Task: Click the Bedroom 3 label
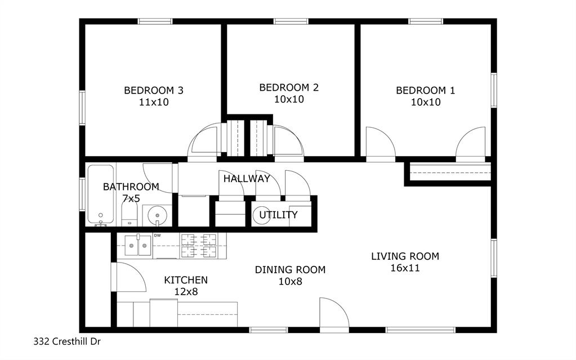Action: pos(153,90)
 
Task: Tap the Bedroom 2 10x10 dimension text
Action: pos(289,99)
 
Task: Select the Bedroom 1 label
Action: pos(425,90)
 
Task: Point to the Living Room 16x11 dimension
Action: pos(405,268)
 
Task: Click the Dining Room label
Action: pos(290,270)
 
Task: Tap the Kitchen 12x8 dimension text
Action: pos(186,292)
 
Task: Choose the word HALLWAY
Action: pos(247,179)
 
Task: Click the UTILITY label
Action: pos(278,215)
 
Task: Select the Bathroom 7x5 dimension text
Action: pos(130,198)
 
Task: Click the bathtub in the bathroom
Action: pos(101,194)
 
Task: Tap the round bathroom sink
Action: pos(156,215)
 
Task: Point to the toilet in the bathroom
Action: pos(129,215)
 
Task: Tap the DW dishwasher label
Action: pos(158,235)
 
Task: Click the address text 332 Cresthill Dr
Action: pos(67,341)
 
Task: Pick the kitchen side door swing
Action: pos(128,277)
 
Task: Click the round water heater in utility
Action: pos(263,215)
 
